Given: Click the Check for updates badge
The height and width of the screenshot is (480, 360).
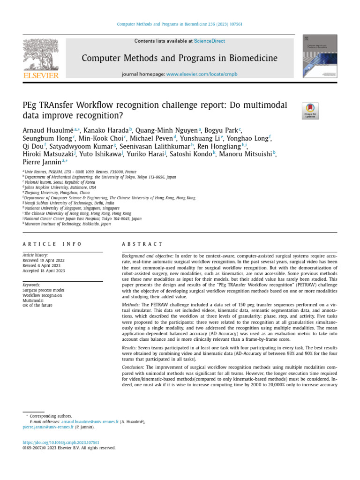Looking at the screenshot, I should pos(310,111).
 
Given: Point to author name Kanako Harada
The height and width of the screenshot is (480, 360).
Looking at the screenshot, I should pos(106,130).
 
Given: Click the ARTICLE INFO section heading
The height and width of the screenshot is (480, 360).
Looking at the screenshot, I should pos(52,244).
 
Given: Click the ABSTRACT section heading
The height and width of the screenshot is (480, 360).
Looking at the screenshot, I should pos(142,244).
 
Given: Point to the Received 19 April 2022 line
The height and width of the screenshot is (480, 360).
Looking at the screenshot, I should pos(44,260).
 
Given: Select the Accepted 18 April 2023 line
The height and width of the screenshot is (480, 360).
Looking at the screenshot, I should pos(44,270).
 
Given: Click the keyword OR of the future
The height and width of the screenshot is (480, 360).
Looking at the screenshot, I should pos(38,305).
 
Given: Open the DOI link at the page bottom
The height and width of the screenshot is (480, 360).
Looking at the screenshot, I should pos(61,442).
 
